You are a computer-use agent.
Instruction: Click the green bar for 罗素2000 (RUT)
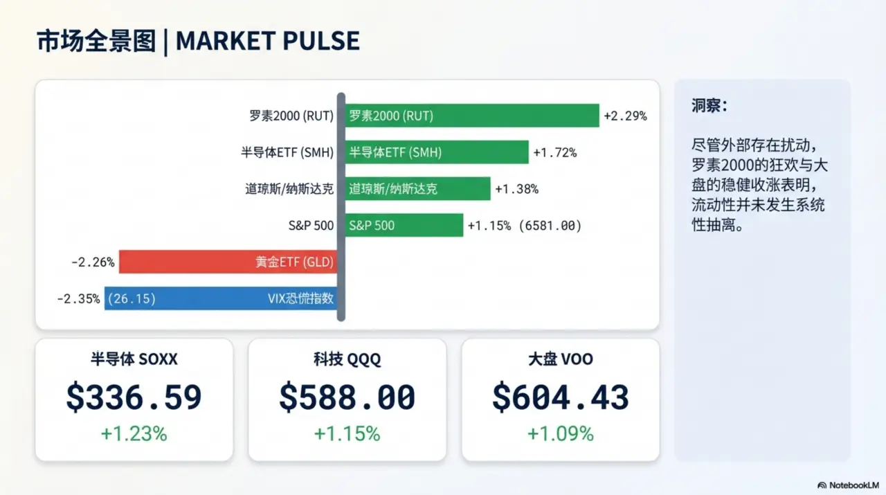click(472, 116)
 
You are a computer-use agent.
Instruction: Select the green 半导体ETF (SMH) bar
click(437, 152)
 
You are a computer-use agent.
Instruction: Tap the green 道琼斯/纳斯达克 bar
click(417, 188)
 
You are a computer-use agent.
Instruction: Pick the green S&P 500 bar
click(404, 225)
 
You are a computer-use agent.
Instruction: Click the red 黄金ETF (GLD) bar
click(228, 262)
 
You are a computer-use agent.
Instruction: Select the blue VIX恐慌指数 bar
click(221, 298)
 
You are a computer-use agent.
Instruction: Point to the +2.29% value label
click(625, 116)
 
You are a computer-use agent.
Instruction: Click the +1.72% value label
click(554, 152)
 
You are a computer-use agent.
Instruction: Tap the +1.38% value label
click(516, 188)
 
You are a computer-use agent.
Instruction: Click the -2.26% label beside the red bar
click(93, 262)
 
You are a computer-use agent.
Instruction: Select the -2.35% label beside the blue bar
click(78, 299)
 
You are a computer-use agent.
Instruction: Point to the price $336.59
click(134, 397)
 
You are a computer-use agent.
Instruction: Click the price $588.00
click(347, 397)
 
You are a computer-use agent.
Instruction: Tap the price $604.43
click(560, 397)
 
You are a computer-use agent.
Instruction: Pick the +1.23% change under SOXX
click(134, 433)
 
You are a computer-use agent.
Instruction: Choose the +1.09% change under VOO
click(560, 433)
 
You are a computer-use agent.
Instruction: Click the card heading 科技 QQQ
click(347, 359)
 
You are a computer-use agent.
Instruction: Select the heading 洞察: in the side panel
click(709, 106)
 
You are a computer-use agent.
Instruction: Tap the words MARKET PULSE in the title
click(268, 41)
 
